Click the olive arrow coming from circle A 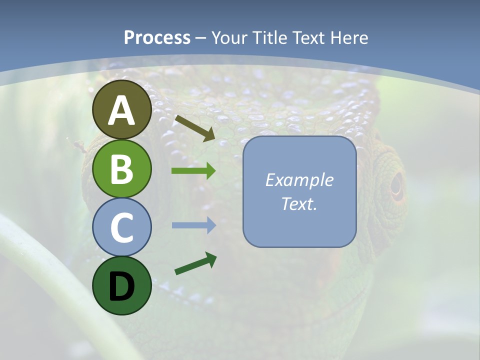click(194, 127)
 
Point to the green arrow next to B click(193, 171)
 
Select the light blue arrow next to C click(193, 225)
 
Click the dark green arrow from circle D click(195, 263)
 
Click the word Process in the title click(157, 37)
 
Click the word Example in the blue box click(299, 180)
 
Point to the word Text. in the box click(299, 203)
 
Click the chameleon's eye click(396, 185)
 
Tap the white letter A click(121, 110)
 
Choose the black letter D click(121, 286)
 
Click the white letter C click(121, 227)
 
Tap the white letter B click(121, 168)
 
